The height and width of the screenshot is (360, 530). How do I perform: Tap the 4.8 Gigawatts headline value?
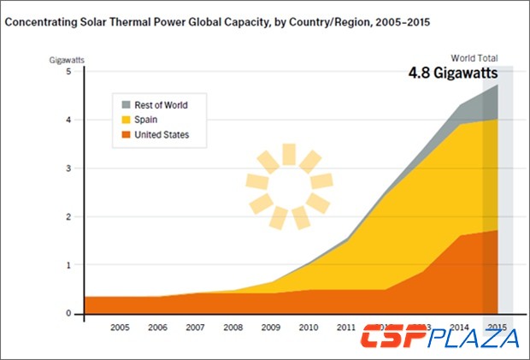[452, 74]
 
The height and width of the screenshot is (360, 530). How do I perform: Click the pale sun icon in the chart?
[288, 187]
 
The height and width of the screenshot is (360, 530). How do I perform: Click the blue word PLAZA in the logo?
[482, 338]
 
